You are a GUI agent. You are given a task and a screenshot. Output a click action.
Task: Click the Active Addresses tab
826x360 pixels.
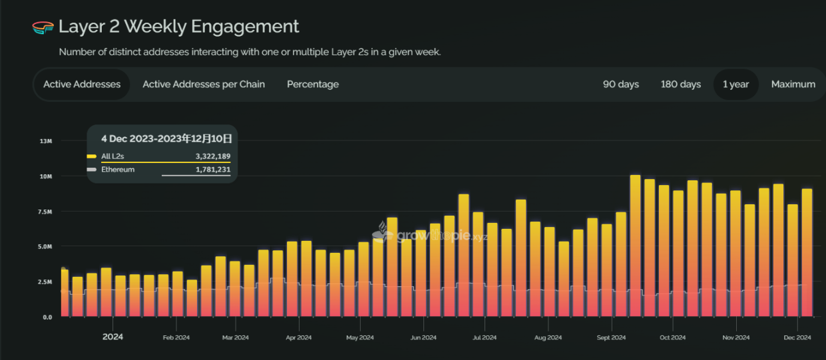tap(82, 85)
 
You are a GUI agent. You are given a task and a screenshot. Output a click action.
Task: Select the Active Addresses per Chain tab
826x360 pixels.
tap(204, 85)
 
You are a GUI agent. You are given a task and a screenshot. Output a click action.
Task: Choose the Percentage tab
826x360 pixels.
tap(313, 85)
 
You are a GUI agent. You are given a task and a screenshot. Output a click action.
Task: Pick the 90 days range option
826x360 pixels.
tap(620, 85)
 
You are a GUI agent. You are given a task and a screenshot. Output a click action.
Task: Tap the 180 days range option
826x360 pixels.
tap(680, 85)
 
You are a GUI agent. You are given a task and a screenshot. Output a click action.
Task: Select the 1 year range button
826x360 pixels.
tap(735, 85)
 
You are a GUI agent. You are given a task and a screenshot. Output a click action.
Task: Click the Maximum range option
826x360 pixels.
tap(793, 85)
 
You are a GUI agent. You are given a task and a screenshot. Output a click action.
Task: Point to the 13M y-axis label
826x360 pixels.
tap(46, 141)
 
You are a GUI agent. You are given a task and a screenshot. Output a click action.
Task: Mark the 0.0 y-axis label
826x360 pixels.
tap(47, 317)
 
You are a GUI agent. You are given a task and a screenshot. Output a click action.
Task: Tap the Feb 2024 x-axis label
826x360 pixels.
tap(176, 338)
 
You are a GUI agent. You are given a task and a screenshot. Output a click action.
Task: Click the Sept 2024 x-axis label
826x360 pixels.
tap(611, 338)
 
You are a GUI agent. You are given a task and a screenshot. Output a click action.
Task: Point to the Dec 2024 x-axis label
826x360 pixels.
tap(797, 338)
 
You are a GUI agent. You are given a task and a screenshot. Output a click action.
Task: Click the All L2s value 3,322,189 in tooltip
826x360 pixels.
tap(212, 156)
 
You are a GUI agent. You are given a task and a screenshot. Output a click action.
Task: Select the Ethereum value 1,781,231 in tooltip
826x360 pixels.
tap(212, 170)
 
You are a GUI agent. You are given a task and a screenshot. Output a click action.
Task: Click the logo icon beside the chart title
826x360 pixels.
tap(43, 27)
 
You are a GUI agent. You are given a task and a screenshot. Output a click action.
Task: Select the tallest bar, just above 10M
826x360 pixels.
tap(635, 246)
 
